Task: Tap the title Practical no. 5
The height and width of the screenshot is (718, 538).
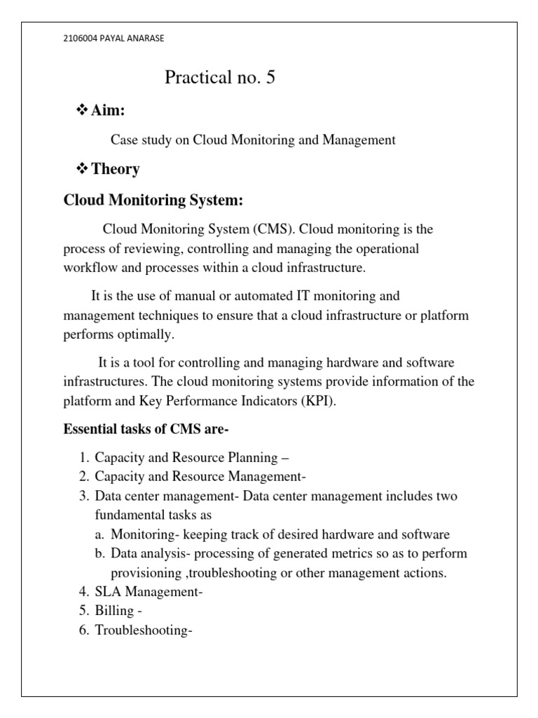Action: click(x=220, y=78)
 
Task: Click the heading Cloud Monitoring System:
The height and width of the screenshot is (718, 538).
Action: click(x=153, y=201)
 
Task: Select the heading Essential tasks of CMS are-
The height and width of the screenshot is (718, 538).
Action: click(x=146, y=429)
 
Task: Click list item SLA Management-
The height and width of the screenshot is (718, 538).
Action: click(x=149, y=592)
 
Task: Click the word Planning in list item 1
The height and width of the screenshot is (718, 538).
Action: click(x=249, y=458)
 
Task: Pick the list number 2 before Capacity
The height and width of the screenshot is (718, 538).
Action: click(x=83, y=477)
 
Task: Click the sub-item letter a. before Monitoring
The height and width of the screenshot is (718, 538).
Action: click(x=99, y=534)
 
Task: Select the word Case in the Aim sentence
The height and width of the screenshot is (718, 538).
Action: click(x=123, y=140)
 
